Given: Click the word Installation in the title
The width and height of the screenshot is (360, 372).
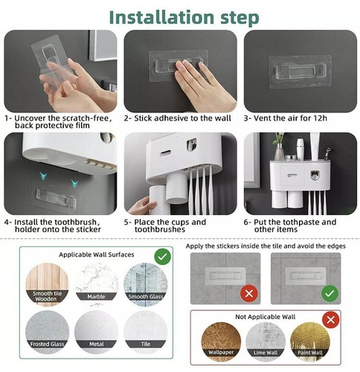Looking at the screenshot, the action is (161, 17).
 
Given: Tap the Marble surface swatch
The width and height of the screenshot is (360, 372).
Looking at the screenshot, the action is (97, 284).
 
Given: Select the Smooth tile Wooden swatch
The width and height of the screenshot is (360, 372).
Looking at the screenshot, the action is (47, 284).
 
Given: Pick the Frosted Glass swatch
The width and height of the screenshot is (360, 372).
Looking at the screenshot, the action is (47, 333).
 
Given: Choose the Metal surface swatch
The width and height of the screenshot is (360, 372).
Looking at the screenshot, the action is (97, 333).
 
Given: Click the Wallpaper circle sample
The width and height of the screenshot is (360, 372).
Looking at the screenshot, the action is (221, 342).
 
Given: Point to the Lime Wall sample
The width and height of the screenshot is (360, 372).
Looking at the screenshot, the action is (266, 342).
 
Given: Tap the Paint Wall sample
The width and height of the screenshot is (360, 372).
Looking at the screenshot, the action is (310, 342).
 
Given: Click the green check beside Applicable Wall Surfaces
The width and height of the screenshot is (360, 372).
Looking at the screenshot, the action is (163, 257).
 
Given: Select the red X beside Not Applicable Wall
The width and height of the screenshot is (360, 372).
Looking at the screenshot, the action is (331, 320).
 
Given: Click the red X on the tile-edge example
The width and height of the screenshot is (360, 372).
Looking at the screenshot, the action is (249, 294).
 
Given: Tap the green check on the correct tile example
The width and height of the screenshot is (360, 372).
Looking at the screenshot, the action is (330, 294).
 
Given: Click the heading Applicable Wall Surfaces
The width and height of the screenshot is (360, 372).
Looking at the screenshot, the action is (97, 254).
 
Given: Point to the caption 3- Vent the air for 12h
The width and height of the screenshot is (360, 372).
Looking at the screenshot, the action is (286, 118).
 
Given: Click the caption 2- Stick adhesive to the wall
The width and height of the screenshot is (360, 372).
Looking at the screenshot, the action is (178, 118).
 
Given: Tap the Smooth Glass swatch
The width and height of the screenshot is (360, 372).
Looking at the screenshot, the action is (146, 284).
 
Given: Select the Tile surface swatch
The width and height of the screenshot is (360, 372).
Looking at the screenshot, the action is (146, 333).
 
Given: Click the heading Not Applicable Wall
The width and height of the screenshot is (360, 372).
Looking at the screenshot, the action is (266, 317).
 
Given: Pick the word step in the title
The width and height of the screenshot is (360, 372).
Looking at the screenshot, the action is (240, 19).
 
